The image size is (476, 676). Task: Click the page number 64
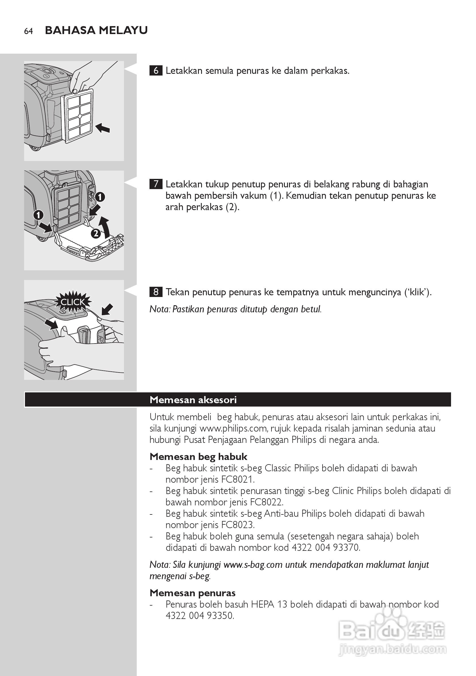click(x=28, y=31)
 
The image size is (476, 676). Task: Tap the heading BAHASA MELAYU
click(x=96, y=30)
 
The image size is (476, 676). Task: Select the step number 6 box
click(x=156, y=71)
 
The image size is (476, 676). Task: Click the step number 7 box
click(x=156, y=184)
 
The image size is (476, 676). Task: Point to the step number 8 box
click(x=156, y=292)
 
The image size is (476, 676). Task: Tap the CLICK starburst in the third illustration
click(x=72, y=302)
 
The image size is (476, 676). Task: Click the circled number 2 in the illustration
click(x=96, y=233)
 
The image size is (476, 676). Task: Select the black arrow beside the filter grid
click(x=103, y=128)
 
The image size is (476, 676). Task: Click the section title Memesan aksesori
click(x=193, y=399)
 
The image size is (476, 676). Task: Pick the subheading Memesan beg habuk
click(x=198, y=456)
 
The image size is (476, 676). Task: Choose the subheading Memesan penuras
click(x=192, y=593)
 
